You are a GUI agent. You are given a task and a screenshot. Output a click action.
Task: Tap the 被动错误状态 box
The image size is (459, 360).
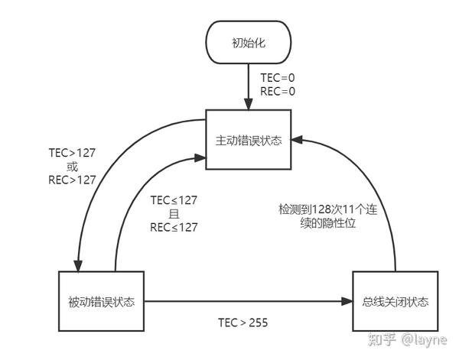pyautogui.click(x=101, y=302)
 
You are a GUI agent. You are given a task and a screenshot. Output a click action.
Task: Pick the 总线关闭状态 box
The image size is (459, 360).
pyautogui.click(x=396, y=302)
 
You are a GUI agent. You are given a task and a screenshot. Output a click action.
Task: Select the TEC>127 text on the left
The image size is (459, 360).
pyautogui.click(x=72, y=153)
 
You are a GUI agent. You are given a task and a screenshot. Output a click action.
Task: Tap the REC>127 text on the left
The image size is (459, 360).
pyautogui.click(x=72, y=180)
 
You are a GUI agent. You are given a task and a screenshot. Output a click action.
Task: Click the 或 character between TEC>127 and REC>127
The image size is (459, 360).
pyautogui.click(x=72, y=167)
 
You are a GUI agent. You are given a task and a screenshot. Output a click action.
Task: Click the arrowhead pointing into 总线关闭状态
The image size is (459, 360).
pyautogui.click(x=347, y=302)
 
